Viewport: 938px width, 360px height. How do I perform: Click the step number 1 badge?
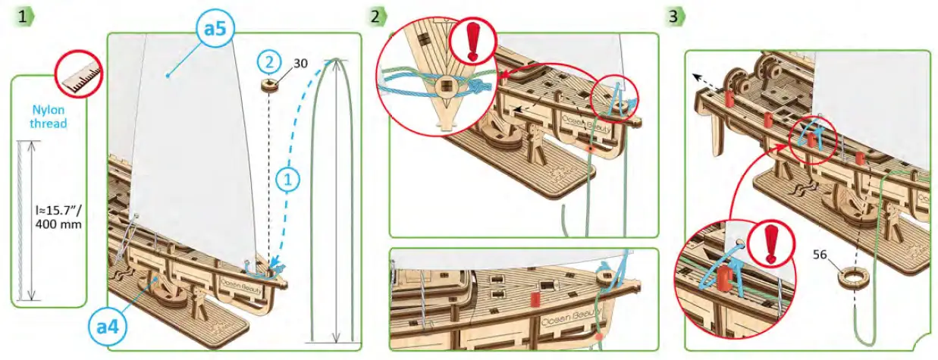pos(25,15)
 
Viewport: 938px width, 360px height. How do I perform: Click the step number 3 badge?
pos(674,15)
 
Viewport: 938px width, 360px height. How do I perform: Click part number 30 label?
pos(300,64)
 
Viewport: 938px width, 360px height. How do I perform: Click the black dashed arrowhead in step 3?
pos(695,77)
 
